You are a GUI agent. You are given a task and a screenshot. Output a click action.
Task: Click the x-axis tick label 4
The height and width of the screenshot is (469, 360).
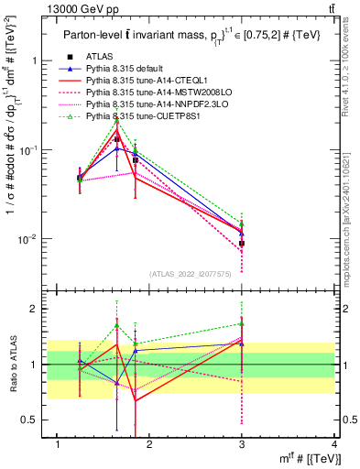(x=334, y=445)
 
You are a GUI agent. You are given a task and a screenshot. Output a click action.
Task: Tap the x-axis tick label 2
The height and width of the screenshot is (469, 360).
(x=150, y=445)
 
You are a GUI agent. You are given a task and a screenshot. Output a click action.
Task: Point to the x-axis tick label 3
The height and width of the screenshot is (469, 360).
(x=242, y=445)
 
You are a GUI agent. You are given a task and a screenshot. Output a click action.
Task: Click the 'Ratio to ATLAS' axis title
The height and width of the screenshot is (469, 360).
(x=10, y=365)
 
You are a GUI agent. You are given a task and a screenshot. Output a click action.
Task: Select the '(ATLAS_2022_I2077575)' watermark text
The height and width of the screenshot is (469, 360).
(x=192, y=273)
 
